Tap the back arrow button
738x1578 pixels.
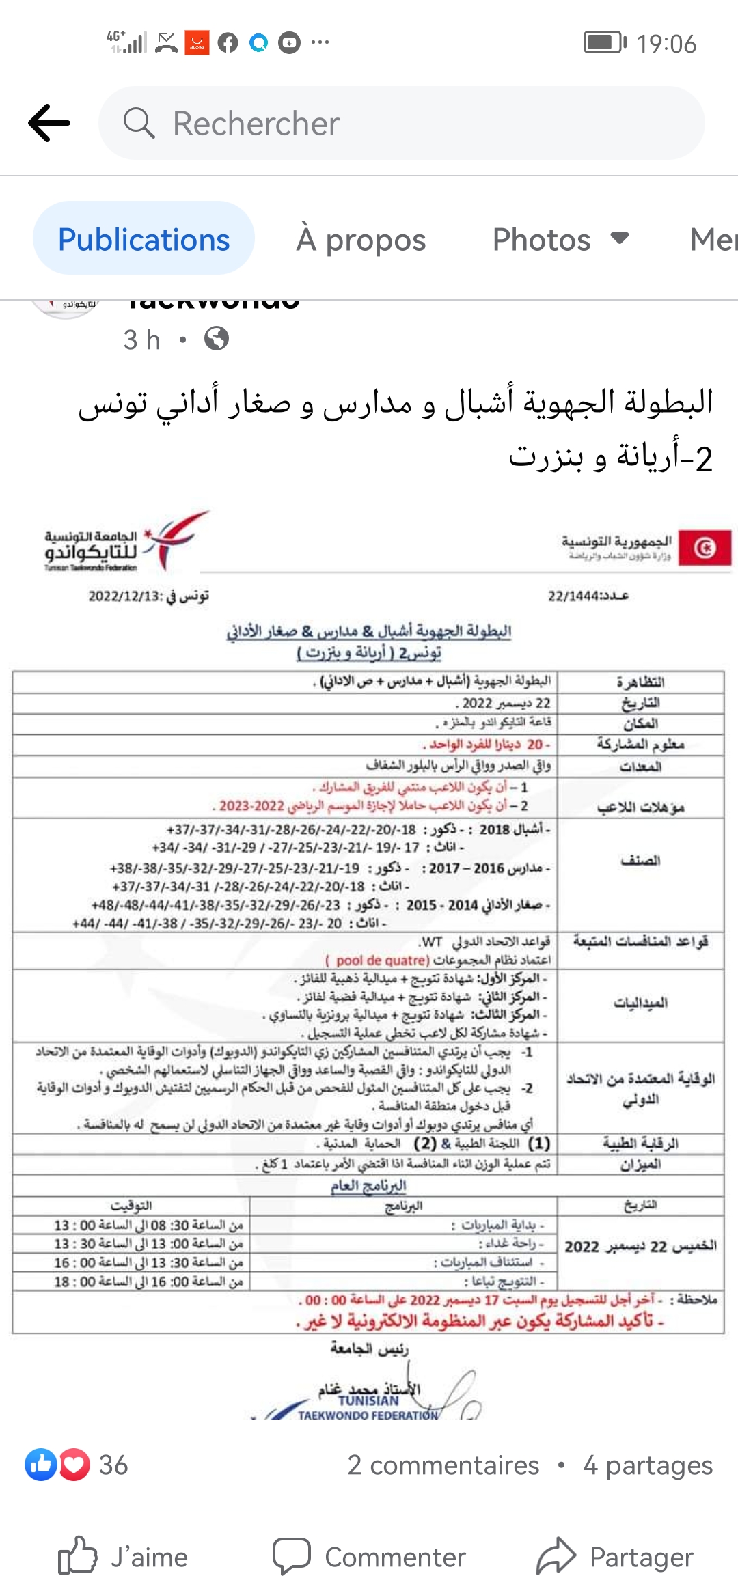[x=49, y=123]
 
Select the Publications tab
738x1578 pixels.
[x=143, y=239]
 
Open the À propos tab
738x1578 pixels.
[x=361, y=239]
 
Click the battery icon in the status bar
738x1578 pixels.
[x=604, y=42]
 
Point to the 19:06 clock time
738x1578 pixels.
[x=666, y=44]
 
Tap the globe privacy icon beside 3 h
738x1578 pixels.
[x=217, y=339]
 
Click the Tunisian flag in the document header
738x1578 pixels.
[x=705, y=548]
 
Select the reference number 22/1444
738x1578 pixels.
[x=588, y=596]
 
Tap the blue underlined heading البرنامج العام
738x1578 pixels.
[x=368, y=1185]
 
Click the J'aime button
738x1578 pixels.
[x=123, y=1557]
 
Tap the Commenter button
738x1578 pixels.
[x=369, y=1557]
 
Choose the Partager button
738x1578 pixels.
[x=615, y=1557]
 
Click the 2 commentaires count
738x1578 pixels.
[x=443, y=1465]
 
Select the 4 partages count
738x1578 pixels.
[x=647, y=1465]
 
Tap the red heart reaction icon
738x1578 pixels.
[x=74, y=1465]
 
